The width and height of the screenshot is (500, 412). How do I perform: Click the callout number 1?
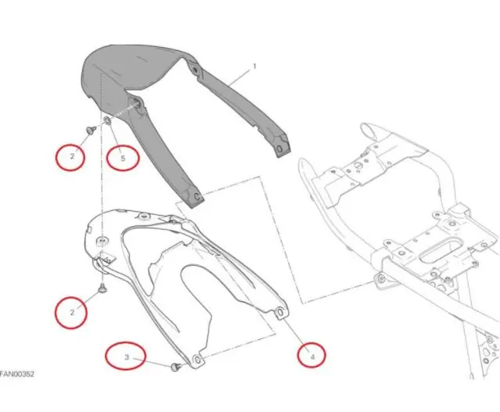(254, 66)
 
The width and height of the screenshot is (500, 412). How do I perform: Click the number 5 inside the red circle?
(123, 158)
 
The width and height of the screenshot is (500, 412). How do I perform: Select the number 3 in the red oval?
(127, 357)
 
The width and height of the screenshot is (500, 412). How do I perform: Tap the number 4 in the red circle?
(312, 356)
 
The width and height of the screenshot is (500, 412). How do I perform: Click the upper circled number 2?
(72, 156)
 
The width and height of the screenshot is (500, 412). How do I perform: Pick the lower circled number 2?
(72, 312)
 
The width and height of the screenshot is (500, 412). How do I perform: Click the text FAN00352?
(16, 374)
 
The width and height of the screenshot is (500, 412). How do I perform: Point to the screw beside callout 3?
(176, 367)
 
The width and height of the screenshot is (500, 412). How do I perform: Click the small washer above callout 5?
(107, 120)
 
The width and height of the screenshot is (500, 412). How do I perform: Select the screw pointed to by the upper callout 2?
(92, 129)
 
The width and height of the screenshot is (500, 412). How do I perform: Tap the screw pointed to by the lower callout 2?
(103, 288)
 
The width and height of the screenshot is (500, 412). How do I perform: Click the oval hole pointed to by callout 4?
(280, 312)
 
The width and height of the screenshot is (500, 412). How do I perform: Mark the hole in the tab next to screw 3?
(198, 360)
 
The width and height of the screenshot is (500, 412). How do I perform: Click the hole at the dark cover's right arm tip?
(279, 149)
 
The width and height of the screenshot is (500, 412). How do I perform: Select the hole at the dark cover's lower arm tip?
(196, 196)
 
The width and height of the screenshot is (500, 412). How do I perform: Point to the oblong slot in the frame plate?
(441, 250)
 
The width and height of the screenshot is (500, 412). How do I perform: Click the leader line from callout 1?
(239, 77)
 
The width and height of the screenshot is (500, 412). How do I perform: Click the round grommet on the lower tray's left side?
(102, 240)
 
